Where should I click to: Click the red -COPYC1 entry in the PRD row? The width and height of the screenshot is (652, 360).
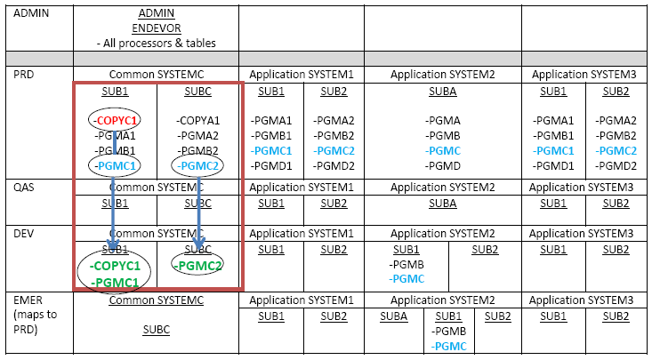(115, 120)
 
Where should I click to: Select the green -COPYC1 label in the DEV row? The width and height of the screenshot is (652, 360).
(115, 266)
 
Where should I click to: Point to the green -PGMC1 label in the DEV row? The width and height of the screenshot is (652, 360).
(115, 283)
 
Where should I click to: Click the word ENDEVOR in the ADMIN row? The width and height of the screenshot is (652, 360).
(156, 28)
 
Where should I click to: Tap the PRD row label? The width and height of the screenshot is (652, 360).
(20, 75)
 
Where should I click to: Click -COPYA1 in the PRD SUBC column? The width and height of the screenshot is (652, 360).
(197, 120)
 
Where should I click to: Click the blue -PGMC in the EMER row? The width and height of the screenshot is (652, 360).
(450, 346)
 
